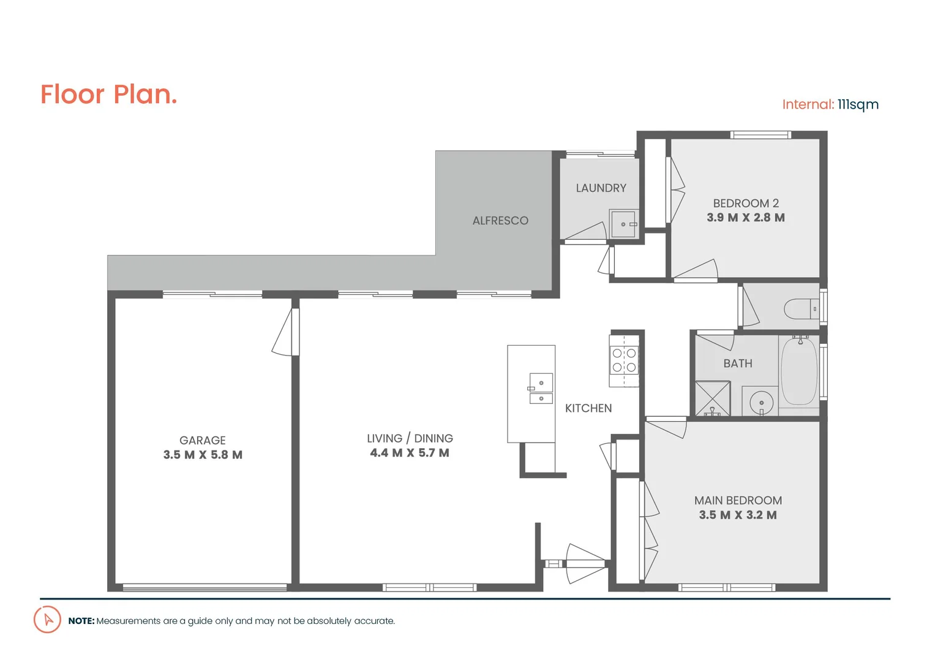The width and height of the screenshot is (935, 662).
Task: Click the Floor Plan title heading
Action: click(x=108, y=95)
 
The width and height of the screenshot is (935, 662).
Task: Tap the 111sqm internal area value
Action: click(x=858, y=105)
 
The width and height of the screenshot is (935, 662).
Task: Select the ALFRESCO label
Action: click(x=500, y=221)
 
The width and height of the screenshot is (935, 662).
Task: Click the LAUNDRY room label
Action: click(x=601, y=188)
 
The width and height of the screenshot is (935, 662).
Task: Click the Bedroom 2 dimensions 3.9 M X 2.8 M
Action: click(x=745, y=218)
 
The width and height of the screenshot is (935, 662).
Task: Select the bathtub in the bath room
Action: click(x=799, y=371)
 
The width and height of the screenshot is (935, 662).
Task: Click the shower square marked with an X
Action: click(x=712, y=398)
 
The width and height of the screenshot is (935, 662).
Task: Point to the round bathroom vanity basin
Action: click(x=761, y=403)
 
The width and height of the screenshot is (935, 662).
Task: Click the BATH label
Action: click(x=737, y=363)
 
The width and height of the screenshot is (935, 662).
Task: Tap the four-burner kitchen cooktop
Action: click(x=624, y=360)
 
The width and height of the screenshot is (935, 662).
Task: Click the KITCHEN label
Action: click(x=588, y=408)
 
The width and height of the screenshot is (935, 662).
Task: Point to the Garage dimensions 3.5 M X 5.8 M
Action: click(x=203, y=455)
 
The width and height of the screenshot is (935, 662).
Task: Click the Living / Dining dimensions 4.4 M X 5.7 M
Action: click(x=409, y=453)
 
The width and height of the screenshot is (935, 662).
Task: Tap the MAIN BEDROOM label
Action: click(x=738, y=500)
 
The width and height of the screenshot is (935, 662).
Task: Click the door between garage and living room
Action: click(x=287, y=332)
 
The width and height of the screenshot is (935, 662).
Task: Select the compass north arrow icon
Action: click(x=47, y=620)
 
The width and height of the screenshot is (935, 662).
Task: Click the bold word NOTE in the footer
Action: click(x=81, y=621)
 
